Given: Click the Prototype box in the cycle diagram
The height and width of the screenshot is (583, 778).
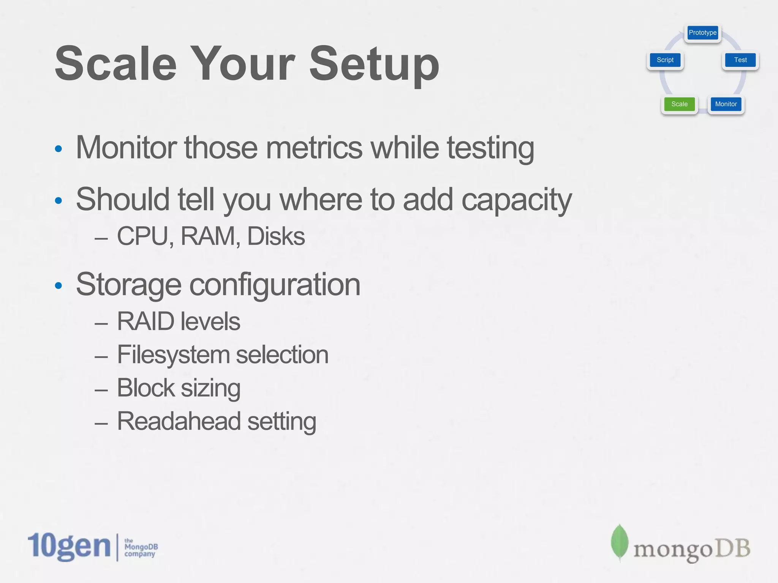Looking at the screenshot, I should (x=702, y=33).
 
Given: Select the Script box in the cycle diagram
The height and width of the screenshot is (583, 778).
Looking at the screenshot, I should (x=665, y=60).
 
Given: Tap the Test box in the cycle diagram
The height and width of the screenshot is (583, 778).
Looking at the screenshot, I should (x=740, y=60).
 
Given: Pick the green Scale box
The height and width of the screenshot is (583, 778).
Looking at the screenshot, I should (x=679, y=104).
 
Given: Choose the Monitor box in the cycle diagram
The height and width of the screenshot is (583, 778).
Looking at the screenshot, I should (x=726, y=104).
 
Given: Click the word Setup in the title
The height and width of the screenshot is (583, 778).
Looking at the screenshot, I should (x=374, y=64).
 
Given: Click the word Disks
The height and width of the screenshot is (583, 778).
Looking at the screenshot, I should (x=276, y=236).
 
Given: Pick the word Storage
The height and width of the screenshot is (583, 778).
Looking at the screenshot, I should (x=128, y=285).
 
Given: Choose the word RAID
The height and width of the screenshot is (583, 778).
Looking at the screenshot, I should (x=145, y=321).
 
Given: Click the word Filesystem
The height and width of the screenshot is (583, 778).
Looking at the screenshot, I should (x=173, y=355).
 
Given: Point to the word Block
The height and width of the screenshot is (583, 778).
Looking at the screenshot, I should (x=145, y=388).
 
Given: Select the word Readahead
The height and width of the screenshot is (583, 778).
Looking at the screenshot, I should (x=179, y=421).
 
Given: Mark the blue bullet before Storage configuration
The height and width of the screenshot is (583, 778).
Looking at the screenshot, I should (x=58, y=285).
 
